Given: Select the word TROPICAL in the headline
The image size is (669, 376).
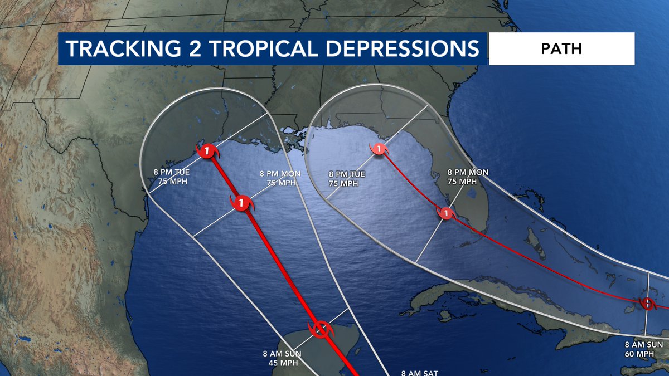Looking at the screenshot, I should (x=261, y=48).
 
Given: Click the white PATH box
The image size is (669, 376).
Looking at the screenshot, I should (x=561, y=48).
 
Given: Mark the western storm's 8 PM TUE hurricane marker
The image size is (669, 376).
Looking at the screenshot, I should (x=207, y=150).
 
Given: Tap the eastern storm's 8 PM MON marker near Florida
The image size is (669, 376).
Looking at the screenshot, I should (x=447, y=213).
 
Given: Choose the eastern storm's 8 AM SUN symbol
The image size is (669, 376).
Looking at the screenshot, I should (x=647, y=304).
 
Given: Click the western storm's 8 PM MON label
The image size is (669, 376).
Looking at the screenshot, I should (x=280, y=173).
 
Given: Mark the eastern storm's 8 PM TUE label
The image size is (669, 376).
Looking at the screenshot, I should (x=347, y=174).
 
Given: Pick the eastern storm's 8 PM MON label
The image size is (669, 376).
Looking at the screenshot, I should (x=468, y=172).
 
